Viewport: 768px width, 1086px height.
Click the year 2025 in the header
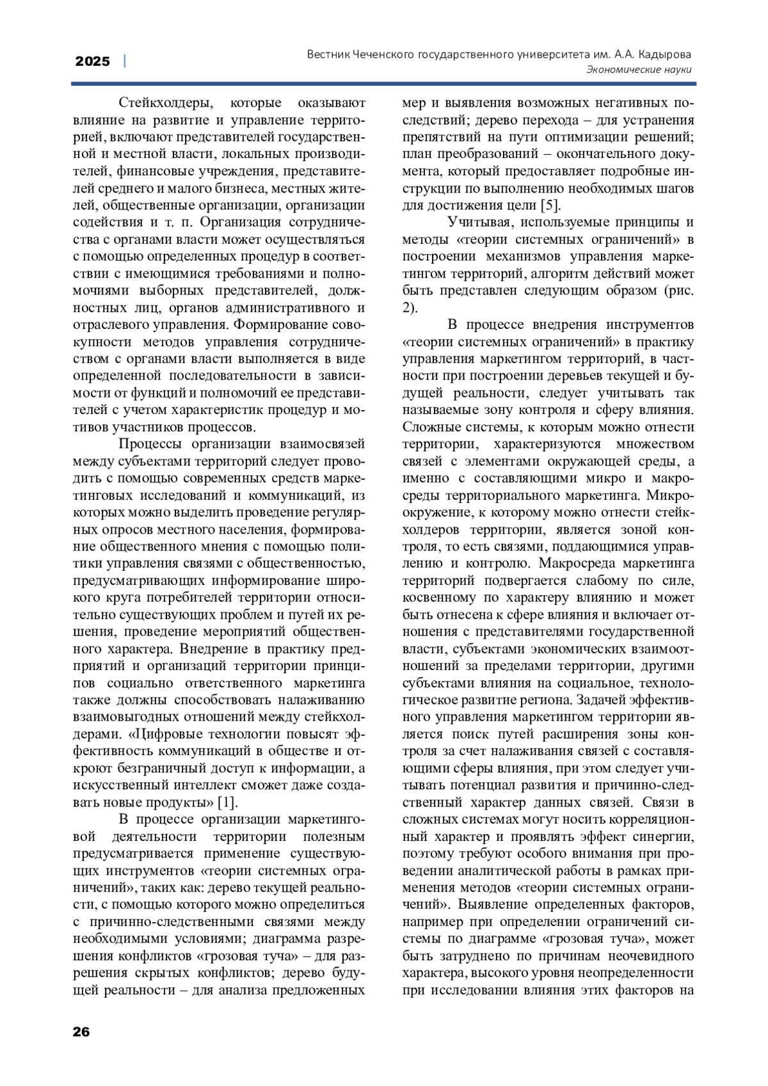[92, 61]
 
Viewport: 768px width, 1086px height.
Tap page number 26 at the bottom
[81, 1031]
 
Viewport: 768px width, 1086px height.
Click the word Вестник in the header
[328, 54]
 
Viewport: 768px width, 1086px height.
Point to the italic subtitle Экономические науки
[639, 70]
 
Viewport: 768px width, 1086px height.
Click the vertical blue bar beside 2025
[124, 61]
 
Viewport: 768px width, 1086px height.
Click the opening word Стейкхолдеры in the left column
[163, 103]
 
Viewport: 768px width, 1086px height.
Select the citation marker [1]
[227, 802]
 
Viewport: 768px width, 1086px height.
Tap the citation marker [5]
[550, 205]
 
